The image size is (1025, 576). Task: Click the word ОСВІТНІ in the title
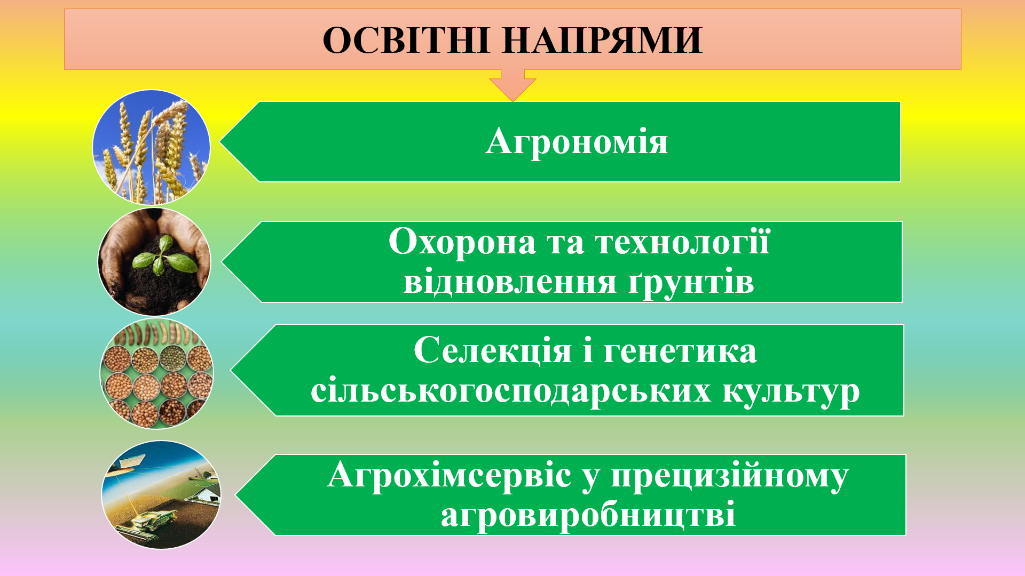coord(407,41)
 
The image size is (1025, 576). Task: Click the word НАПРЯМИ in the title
coord(603,41)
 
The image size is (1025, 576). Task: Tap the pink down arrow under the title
coord(512,85)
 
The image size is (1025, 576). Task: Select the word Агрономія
coord(577,142)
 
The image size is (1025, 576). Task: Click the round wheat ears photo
coord(152,147)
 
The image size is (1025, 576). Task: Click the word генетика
coord(680,351)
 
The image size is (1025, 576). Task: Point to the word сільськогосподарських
coord(511,391)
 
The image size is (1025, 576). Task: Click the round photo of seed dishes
coord(157,373)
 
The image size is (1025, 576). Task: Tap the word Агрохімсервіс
coord(449,474)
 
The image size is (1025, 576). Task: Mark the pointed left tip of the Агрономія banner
coord(220,142)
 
